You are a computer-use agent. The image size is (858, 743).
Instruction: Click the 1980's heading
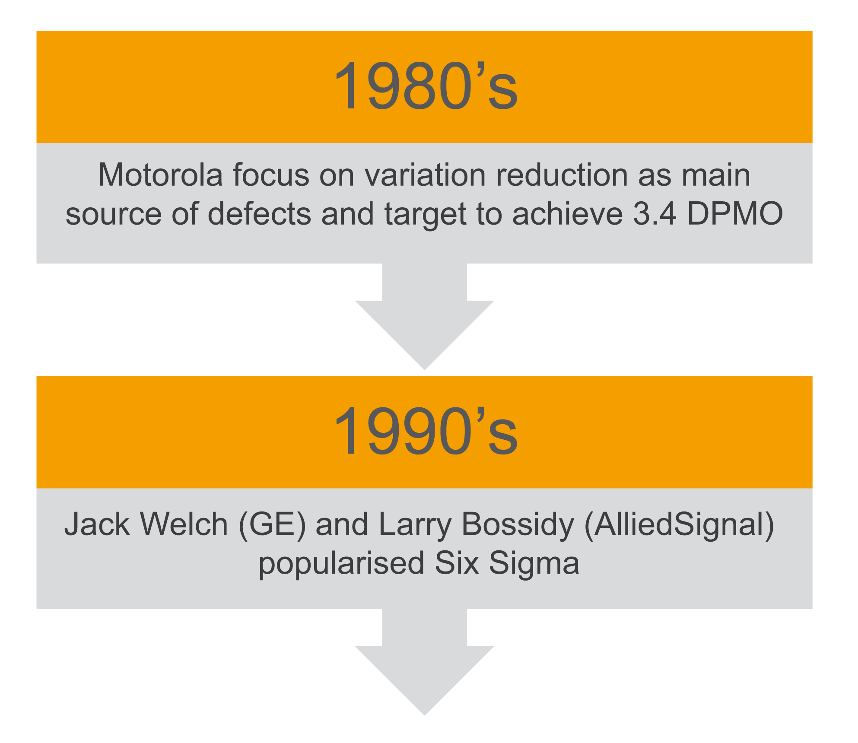(426, 86)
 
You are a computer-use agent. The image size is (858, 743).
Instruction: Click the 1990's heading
(426, 431)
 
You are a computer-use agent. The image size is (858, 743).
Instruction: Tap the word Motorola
(161, 175)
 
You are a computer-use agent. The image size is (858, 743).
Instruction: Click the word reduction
(562, 175)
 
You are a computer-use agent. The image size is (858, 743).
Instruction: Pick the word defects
(259, 214)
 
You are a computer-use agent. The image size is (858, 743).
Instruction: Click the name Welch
(184, 524)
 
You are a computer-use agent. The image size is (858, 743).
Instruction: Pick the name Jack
(97, 524)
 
